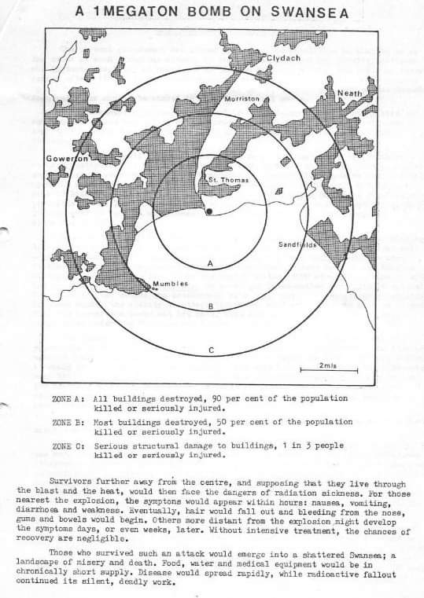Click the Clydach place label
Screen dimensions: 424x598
tap(283, 58)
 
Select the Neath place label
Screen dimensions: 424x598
tap(349, 94)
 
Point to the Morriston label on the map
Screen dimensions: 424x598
tap(241, 99)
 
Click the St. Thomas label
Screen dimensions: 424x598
tap(228, 180)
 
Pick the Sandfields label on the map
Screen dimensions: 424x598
tap(297, 244)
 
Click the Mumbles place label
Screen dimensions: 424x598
tap(171, 283)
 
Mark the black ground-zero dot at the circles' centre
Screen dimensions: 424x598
tap(208, 211)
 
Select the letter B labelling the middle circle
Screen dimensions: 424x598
tap(210, 306)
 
